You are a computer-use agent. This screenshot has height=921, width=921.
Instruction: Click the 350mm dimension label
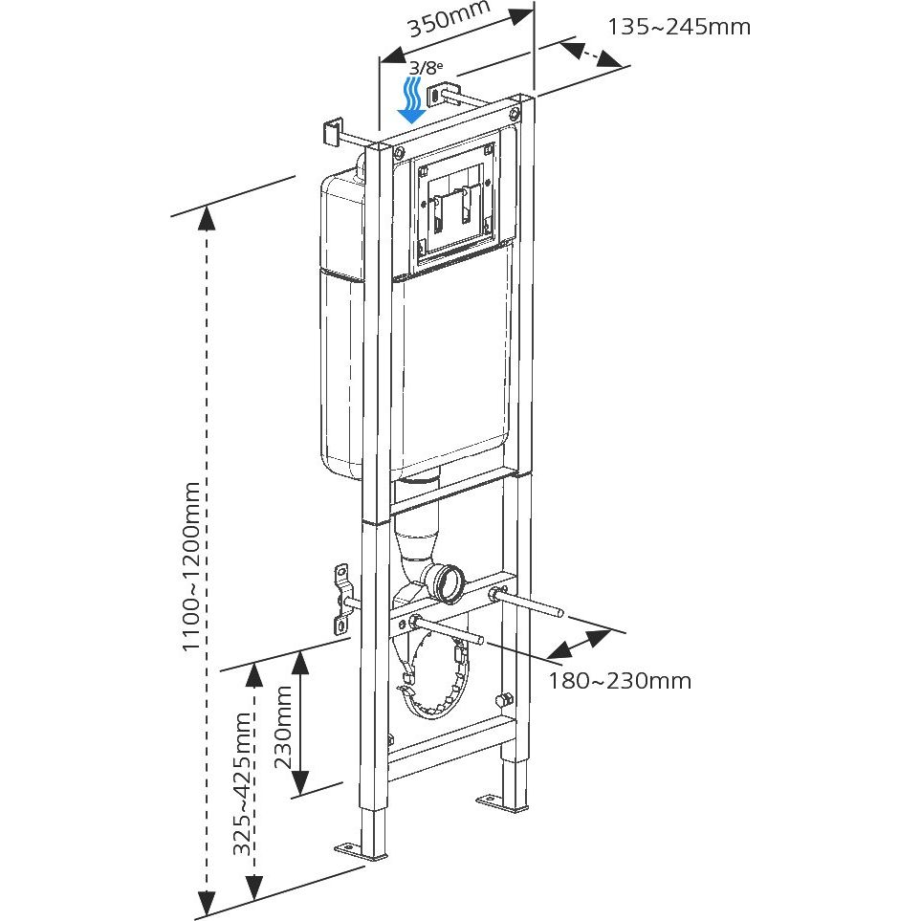pos(449,21)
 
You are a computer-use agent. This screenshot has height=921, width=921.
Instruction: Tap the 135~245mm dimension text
pos(679,27)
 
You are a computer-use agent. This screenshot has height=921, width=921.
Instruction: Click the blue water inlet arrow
pos(412,101)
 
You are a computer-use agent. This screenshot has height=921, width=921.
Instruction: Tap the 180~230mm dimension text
pos(619,681)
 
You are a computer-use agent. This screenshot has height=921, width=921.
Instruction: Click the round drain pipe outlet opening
pos(447,583)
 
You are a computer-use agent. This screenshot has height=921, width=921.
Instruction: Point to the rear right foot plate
pos(503,802)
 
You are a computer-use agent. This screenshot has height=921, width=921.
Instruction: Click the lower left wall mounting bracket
pos(342,598)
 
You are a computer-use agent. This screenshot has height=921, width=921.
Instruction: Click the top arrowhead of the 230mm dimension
pos(300,660)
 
